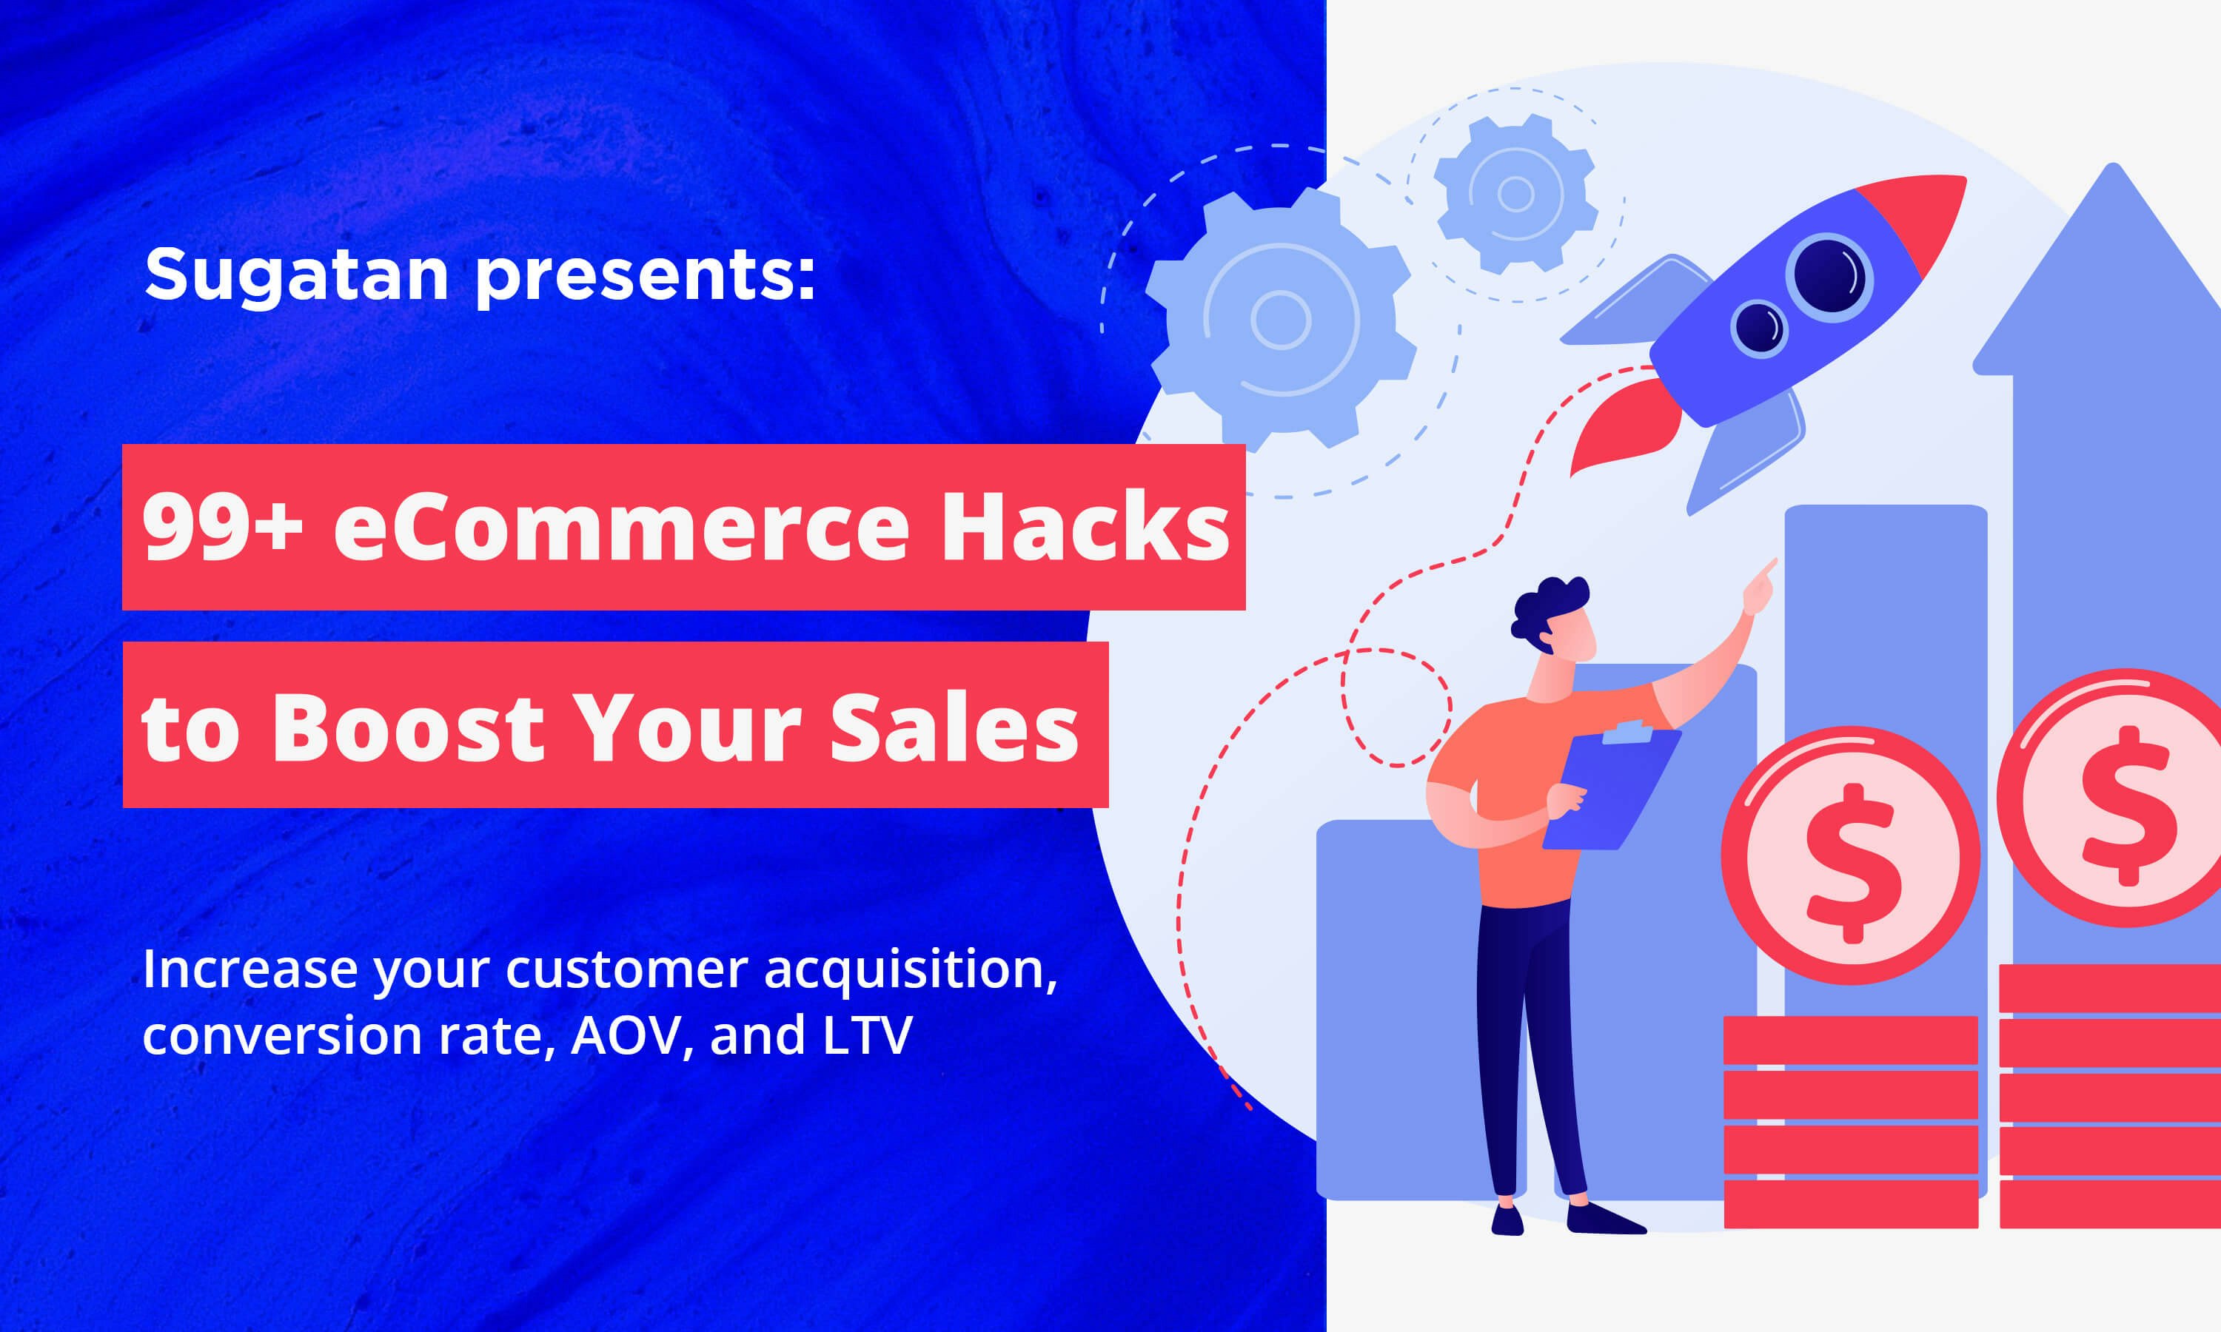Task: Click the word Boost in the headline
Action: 409,727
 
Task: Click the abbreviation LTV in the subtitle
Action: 866,1035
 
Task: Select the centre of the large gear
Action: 1281,320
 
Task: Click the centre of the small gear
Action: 1516,194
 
